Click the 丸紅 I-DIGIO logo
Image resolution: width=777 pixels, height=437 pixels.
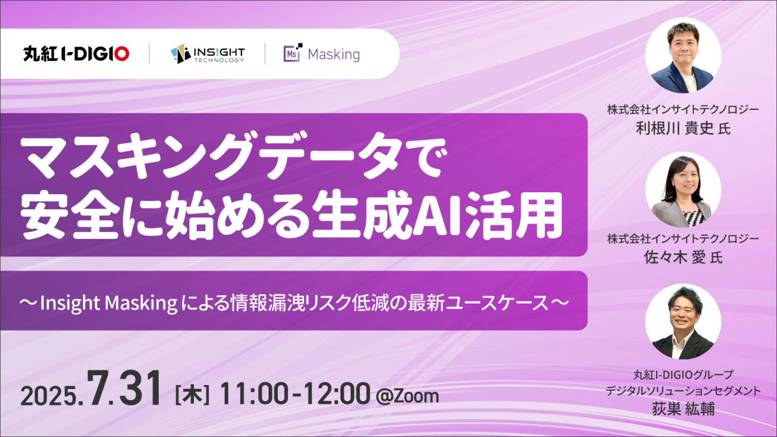[x=76, y=54]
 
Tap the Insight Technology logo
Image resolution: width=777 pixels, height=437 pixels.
[x=207, y=54]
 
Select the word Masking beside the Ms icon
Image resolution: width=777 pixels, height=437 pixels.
[x=334, y=55]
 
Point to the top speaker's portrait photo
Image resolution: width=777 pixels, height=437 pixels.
[x=682, y=56]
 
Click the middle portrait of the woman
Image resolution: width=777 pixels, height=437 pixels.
[x=682, y=190]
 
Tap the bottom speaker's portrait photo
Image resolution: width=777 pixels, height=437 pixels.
[x=682, y=322]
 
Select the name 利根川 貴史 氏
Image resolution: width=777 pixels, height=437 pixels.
[x=682, y=128]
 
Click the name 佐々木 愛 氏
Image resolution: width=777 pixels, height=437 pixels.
[x=682, y=257]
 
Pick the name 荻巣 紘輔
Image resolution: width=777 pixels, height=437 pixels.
[x=682, y=409]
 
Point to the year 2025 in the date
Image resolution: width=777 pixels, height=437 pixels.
[x=48, y=396]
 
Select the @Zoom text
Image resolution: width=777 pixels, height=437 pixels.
[x=407, y=396]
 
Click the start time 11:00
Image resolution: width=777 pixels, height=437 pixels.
[x=254, y=394]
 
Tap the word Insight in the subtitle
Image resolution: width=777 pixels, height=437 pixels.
[x=70, y=303]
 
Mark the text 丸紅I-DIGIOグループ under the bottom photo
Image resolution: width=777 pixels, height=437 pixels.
[x=682, y=375]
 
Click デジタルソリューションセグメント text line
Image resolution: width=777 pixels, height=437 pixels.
[x=682, y=391]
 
